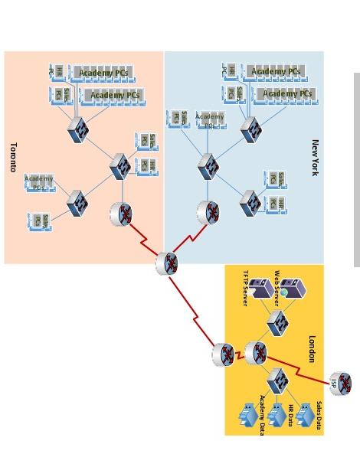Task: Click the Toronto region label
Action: click(13, 157)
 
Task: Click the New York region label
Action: click(314, 157)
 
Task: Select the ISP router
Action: click(340, 384)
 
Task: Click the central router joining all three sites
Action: click(167, 263)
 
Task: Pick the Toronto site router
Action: click(121, 214)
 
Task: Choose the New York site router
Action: click(208, 212)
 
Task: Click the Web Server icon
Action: click(292, 289)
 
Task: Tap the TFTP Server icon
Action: click(261, 289)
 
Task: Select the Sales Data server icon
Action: click(306, 414)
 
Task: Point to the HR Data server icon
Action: click(277, 414)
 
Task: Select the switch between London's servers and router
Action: click(277, 322)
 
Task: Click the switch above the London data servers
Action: click(277, 380)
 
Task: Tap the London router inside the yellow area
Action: click(256, 353)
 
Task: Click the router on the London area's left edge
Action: click(224, 354)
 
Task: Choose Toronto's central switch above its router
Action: click(119, 166)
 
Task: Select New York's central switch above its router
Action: click(208, 166)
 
